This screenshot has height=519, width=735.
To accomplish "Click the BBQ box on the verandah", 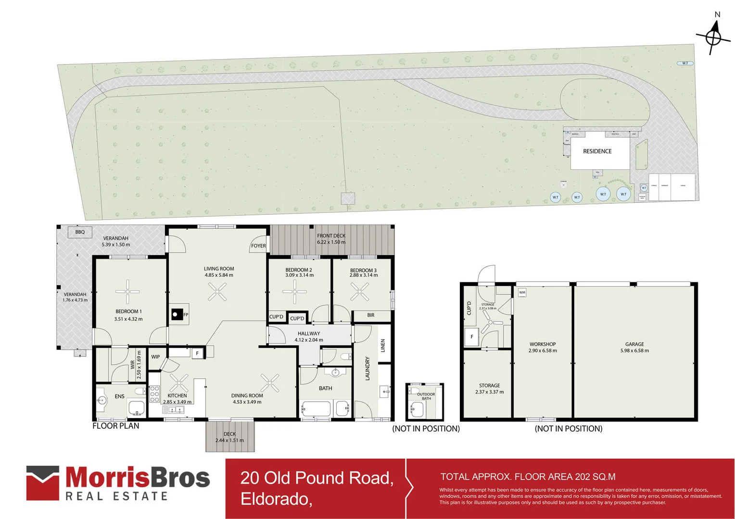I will (80, 232).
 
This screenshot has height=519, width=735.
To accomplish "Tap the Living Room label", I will (219, 272).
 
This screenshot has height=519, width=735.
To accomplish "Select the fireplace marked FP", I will (177, 315).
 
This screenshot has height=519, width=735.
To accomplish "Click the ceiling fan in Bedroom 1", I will (127, 291).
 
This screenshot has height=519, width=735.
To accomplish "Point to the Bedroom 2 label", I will (299, 272).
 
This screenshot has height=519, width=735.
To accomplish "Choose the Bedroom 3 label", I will (363, 272).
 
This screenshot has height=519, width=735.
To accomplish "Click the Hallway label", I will (309, 336).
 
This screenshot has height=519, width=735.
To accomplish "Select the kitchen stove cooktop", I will (154, 393).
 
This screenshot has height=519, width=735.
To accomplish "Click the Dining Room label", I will (247, 399).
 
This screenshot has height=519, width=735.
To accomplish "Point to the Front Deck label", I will (331, 239).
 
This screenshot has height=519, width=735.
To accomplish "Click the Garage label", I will (634, 347).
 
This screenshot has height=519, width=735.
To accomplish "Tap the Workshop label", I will (543, 347).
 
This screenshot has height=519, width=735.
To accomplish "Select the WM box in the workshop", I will (522, 292).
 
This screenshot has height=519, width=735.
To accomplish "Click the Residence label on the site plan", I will (597, 151).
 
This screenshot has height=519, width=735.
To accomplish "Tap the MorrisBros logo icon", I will (43, 482).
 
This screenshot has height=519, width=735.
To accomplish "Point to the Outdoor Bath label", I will (426, 396).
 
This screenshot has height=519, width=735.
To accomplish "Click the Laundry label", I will (367, 369).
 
